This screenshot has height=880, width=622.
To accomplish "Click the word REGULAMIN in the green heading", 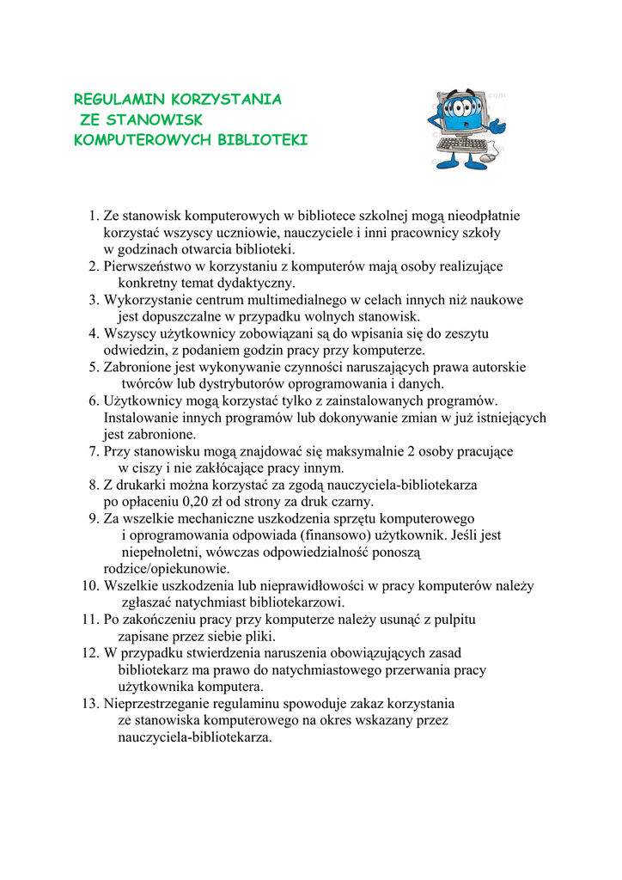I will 110,100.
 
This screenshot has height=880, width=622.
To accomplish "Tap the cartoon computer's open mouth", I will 464,125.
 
